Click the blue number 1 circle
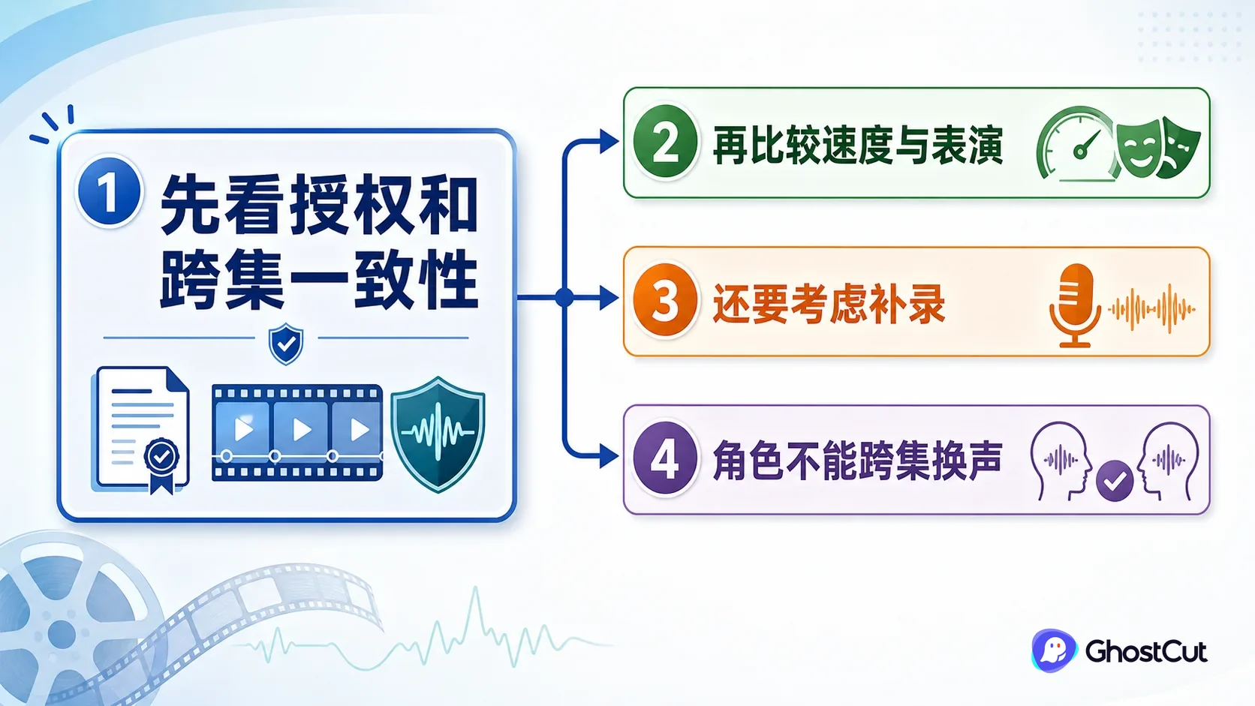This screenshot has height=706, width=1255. (109, 191)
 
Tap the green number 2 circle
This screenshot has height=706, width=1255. (665, 142)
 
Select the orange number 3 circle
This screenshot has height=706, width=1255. (665, 300)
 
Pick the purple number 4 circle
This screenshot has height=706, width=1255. (665, 458)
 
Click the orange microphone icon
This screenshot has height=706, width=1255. (1075, 305)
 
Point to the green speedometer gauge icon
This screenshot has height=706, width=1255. (1076, 144)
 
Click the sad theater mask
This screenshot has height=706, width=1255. (1180, 149)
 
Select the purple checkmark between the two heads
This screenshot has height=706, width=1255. (1115, 480)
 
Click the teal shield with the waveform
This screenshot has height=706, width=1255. (438, 434)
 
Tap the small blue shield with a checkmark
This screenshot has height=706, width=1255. (286, 344)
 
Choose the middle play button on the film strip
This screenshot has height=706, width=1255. (302, 430)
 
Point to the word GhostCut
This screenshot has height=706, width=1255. (1146, 651)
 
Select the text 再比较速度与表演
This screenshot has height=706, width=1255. (857, 145)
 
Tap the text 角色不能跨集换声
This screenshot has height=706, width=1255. (857, 460)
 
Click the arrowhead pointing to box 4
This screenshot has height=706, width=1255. (609, 456)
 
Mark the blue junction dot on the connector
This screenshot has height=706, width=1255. (564, 297)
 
